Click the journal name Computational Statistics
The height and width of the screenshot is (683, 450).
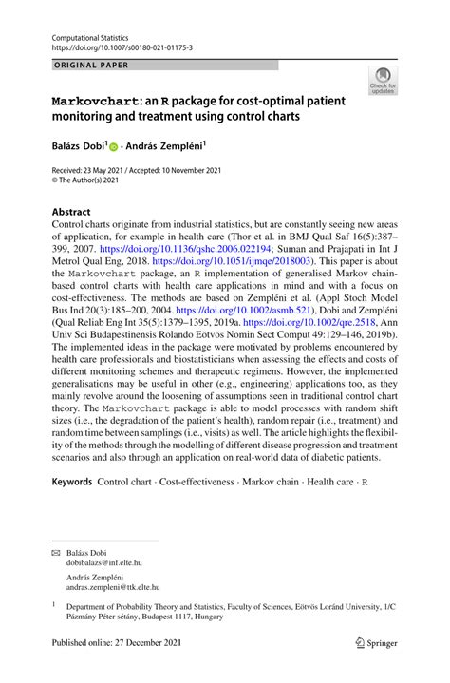pyautogui.click(x=89, y=35)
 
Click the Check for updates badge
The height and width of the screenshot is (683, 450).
pyautogui.click(x=384, y=81)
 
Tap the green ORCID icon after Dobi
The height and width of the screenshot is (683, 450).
pyautogui.click(x=114, y=149)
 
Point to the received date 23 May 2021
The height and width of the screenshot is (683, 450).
pyautogui.click(x=105, y=170)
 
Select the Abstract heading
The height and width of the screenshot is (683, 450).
pyautogui.click(x=71, y=212)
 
